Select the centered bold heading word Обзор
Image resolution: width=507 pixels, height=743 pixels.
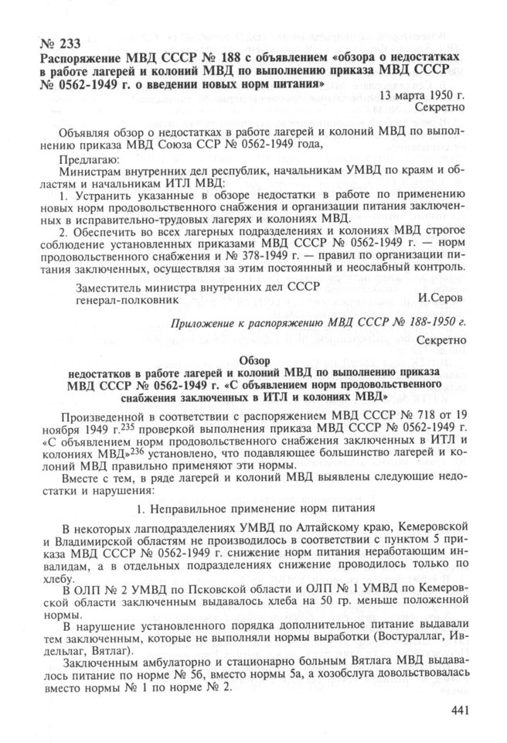pyautogui.click(x=256, y=362)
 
